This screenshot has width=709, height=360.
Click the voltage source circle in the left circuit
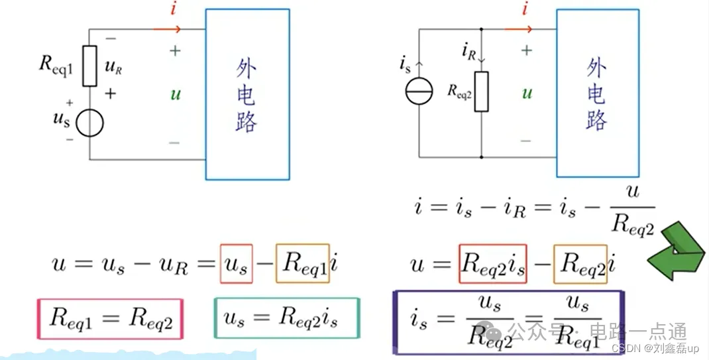pyautogui.click(x=89, y=123)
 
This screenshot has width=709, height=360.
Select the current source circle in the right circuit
pyautogui.click(x=419, y=90)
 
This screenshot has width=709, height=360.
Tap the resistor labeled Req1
pyautogui.click(x=90, y=66)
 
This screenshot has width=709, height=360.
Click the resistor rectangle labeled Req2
pyautogui.click(x=482, y=92)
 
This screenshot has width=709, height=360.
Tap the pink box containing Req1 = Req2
pyautogui.click(x=109, y=320)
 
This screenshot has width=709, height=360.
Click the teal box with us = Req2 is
pyautogui.click(x=286, y=320)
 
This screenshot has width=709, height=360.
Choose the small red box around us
pyautogui.click(x=236, y=264)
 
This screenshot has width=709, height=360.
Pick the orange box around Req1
pyautogui.click(x=302, y=264)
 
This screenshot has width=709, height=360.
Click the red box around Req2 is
pyautogui.click(x=492, y=264)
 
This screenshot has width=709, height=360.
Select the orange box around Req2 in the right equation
pyautogui.click(x=580, y=264)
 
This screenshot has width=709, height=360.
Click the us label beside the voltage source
pyautogui.click(x=59, y=120)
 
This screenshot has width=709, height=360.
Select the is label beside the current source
pyautogui.click(x=405, y=64)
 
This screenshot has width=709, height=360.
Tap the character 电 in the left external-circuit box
pyautogui.click(x=246, y=96)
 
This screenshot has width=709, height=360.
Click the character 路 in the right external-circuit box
pyautogui.click(x=596, y=120)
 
